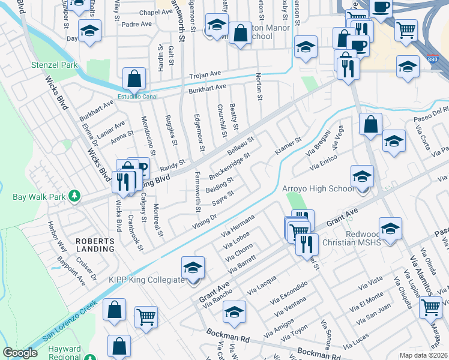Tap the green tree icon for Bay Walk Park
point(74,196)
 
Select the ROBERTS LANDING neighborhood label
point(95,244)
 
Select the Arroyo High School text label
point(318,189)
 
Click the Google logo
point(20,353)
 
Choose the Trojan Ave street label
point(206,74)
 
